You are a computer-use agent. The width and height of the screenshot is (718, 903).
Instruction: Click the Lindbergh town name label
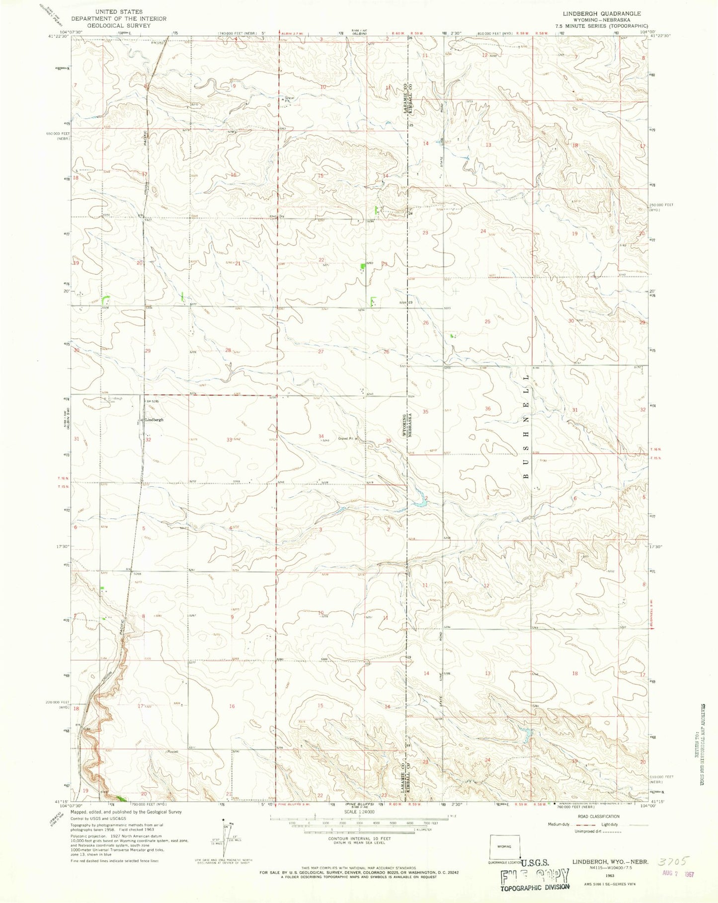[x=154, y=420]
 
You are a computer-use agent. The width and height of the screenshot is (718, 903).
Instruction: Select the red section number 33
[x=230, y=440]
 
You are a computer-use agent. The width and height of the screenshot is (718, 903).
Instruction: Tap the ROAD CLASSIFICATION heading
[x=598, y=816]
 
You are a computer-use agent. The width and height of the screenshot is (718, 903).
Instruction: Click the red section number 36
[x=488, y=408]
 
